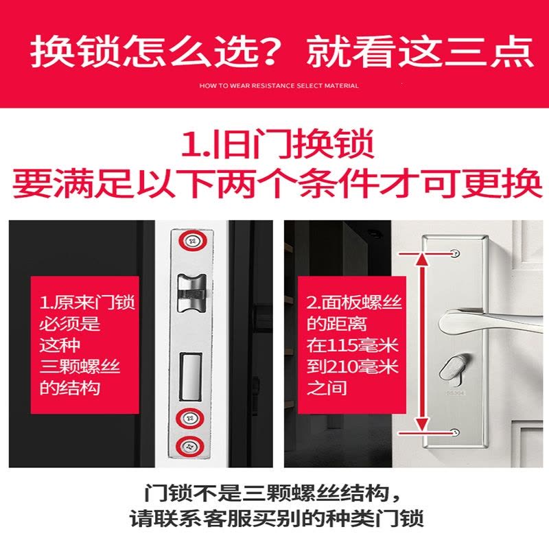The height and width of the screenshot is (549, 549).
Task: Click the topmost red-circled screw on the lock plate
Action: point(191,242)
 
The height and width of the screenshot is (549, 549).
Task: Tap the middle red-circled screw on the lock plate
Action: point(190,418)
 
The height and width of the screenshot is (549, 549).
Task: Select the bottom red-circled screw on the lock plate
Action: point(190,447)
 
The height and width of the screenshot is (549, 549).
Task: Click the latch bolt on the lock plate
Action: point(191,294)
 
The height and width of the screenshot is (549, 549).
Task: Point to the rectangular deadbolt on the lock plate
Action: point(191,376)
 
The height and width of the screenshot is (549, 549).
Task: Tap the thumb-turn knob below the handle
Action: point(454,368)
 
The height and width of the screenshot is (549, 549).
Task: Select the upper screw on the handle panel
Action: point(455,253)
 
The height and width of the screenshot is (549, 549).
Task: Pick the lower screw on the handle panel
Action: point(455,432)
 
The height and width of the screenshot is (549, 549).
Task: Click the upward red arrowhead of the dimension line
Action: point(423,260)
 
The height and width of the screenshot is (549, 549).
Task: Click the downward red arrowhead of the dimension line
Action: point(423,423)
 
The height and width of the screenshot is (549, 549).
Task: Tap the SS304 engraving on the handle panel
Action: point(455,393)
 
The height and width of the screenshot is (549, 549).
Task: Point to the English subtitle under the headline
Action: point(279,85)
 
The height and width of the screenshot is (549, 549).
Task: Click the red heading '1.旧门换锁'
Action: point(278,144)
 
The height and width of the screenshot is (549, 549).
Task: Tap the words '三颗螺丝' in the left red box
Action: point(80,367)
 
